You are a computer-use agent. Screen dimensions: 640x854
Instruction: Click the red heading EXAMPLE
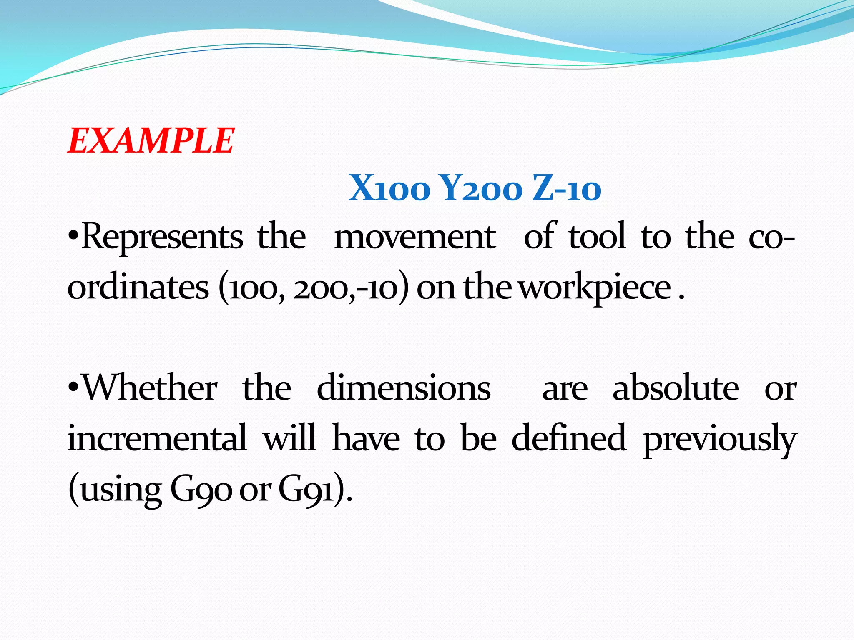pos(151,141)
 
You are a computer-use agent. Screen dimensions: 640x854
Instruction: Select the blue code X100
pos(389,189)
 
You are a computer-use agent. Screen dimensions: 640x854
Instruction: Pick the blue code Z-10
pos(567,189)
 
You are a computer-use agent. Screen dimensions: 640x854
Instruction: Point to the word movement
pos(415,237)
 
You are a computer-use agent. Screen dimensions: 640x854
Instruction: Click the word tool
pos(597,237)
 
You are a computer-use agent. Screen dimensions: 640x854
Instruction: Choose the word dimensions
pos(404,387)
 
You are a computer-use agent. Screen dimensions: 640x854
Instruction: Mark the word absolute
pos(676,387)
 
